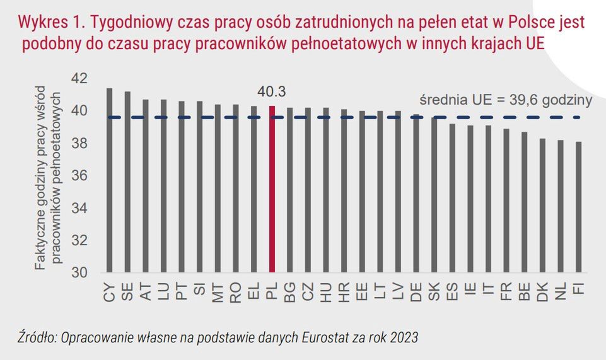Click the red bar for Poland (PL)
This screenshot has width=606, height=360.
tap(272, 189)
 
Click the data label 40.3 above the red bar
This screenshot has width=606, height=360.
tap(272, 92)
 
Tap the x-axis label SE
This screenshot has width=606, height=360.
tap(127, 293)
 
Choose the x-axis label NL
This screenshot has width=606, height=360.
tap(560, 293)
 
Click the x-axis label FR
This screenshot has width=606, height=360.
tap(506, 293)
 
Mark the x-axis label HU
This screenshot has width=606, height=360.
tap(326, 293)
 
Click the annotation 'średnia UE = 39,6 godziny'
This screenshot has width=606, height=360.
tap(505, 100)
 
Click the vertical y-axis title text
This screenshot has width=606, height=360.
tap(48, 180)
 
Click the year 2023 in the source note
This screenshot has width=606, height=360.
tap(403, 337)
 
